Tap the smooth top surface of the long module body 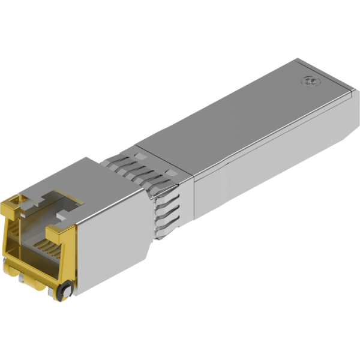click(240, 114)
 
